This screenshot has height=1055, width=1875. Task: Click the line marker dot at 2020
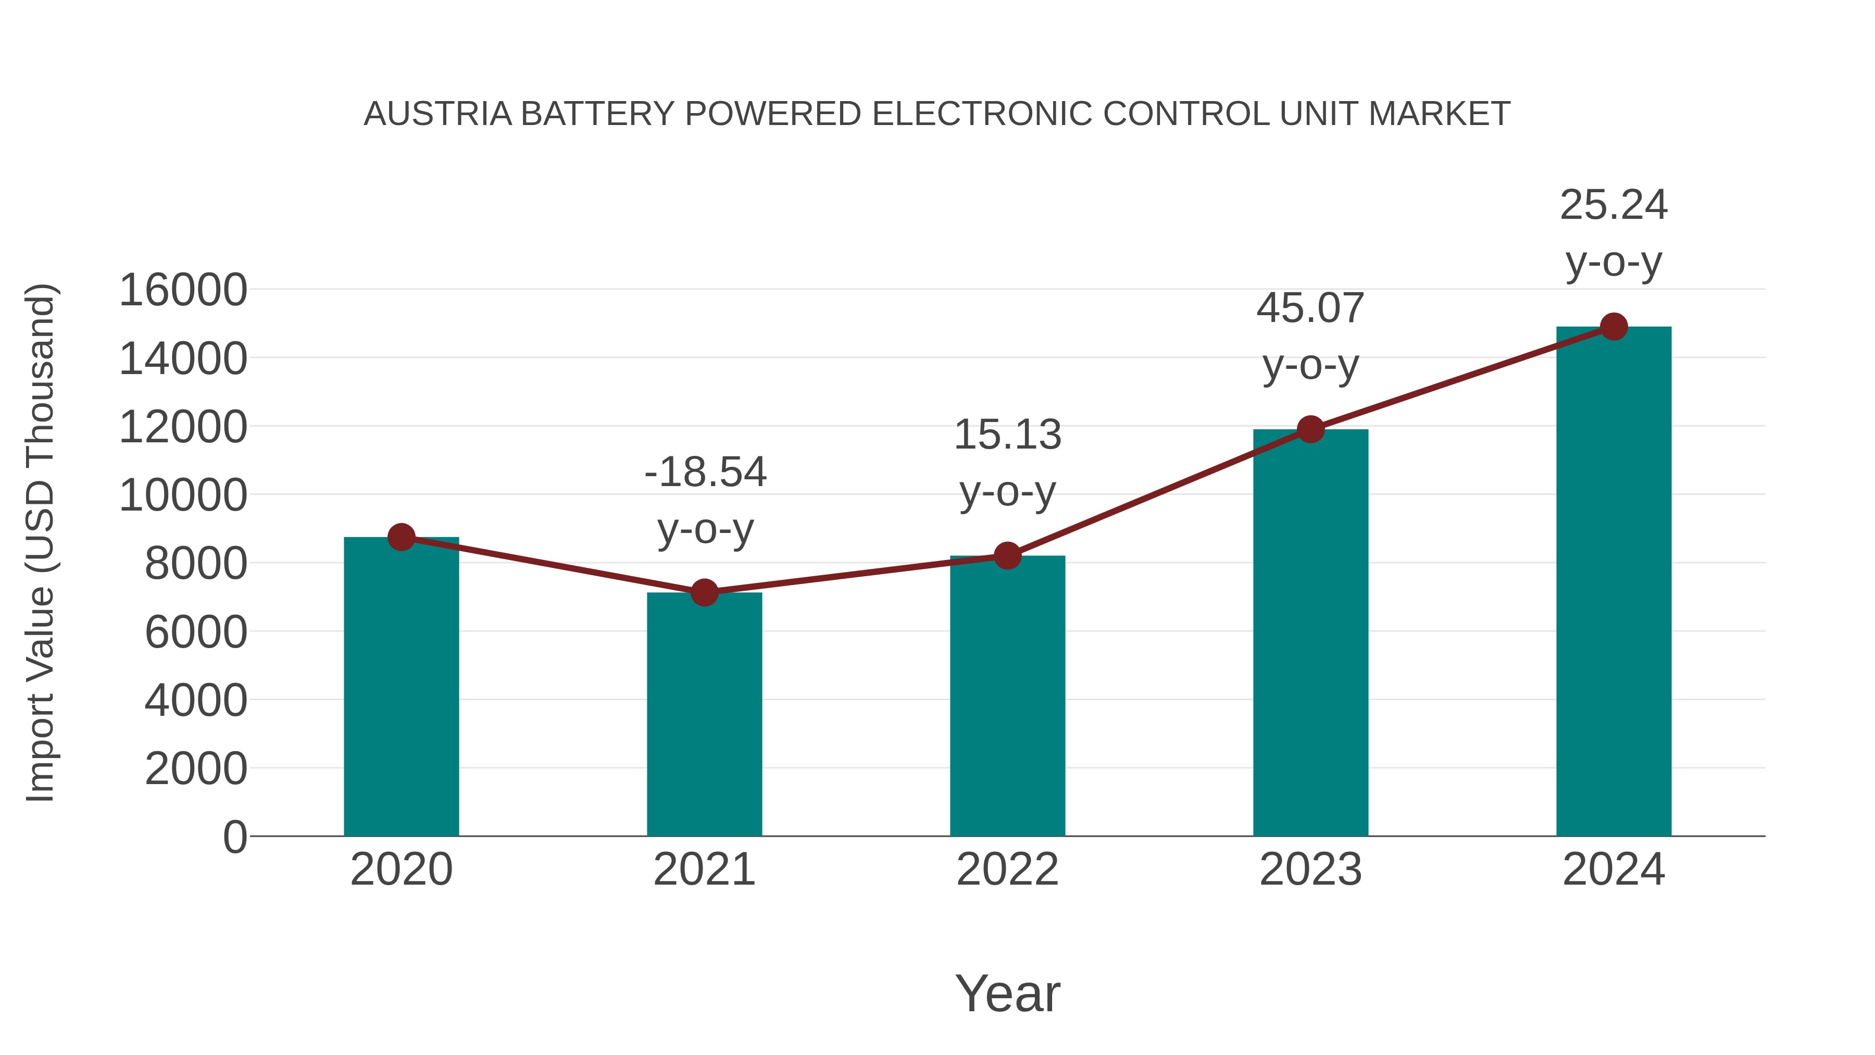[401, 537]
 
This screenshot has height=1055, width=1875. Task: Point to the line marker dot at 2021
[704, 593]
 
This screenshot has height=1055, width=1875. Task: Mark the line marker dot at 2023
[1310, 430]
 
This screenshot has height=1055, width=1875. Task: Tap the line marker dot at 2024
[1614, 327]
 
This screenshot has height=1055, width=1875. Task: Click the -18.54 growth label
[705, 472]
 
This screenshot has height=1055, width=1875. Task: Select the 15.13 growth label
[1007, 435]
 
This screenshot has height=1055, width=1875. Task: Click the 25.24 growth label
[1614, 205]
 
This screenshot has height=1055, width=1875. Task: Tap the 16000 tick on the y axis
[183, 290]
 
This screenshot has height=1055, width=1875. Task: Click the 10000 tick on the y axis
[183, 495]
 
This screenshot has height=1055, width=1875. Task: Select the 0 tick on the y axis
[234, 837]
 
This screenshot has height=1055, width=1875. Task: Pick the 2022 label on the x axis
[1007, 870]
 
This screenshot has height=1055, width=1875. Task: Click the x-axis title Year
[1007, 993]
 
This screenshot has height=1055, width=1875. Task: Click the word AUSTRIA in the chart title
[438, 114]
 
